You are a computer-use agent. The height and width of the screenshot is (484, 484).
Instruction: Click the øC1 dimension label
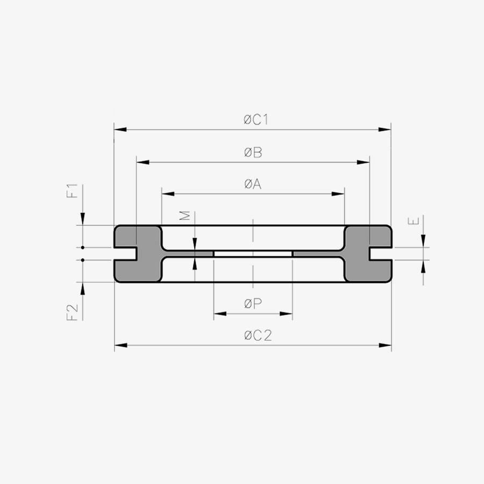pos(253,120)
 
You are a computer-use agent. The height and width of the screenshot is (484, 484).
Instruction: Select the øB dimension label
pos(253,153)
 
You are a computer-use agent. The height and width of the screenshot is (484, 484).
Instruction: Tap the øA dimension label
pos(253,184)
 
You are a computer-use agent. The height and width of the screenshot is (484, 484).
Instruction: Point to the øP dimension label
pos(253,304)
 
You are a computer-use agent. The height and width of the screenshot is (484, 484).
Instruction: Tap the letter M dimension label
pos(185,216)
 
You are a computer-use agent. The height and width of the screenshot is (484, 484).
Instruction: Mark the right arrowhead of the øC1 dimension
pos(385,130)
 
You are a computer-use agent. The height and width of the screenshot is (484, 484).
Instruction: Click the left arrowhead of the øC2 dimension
pos(120,345)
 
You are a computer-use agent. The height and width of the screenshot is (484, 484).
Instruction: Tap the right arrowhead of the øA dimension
pos(339,194)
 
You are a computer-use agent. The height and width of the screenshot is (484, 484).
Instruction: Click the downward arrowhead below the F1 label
pos(83,219)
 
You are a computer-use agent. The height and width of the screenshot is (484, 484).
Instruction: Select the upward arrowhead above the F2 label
pos(83,288)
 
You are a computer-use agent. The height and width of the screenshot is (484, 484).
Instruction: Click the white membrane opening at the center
pos(253,253)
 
